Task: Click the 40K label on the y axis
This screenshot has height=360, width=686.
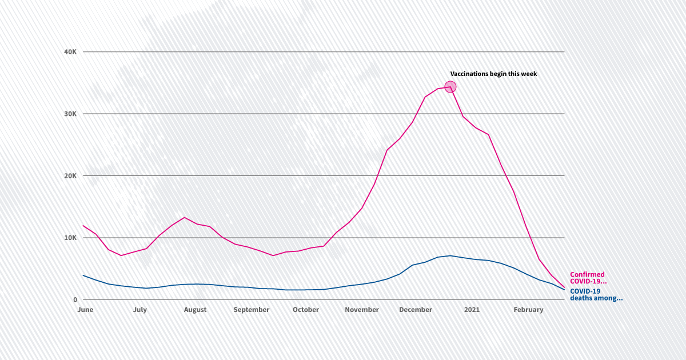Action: (x=70, y=52)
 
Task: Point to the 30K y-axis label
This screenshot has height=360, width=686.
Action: (x=70, y=114)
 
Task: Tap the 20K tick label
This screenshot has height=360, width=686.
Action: (x=70, y=176)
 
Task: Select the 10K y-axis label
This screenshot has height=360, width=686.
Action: (x=70, y=238)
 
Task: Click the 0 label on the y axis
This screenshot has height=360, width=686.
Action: (x=74, y=299)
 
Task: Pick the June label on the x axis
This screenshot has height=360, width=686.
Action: (x=85, y=310)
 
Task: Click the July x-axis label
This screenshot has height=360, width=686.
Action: (x=139, y=310)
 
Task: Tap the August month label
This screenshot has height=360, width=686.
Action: (x=195, y=310)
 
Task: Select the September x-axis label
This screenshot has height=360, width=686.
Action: (x=251, y=310)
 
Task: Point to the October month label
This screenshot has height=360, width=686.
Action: (x=306, y=310)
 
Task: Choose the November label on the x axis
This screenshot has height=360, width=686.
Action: (x=362, y=310)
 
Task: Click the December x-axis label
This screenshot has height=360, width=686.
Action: (x=416, y=310)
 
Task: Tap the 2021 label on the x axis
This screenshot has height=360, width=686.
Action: (x=472, y=310)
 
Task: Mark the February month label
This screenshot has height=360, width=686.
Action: (x=528, y=310)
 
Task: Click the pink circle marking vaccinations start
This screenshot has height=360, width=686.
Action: (x=450, y=87)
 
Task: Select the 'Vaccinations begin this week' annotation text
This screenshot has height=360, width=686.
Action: (x=493, y=74)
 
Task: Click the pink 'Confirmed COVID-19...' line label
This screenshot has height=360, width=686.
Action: (x=588, y=278)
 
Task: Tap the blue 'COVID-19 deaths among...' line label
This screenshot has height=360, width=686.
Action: (x=596, y=294)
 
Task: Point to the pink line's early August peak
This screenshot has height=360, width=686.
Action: (x=184, y=218)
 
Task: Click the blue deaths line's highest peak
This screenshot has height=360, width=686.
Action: (x=450, y=255)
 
